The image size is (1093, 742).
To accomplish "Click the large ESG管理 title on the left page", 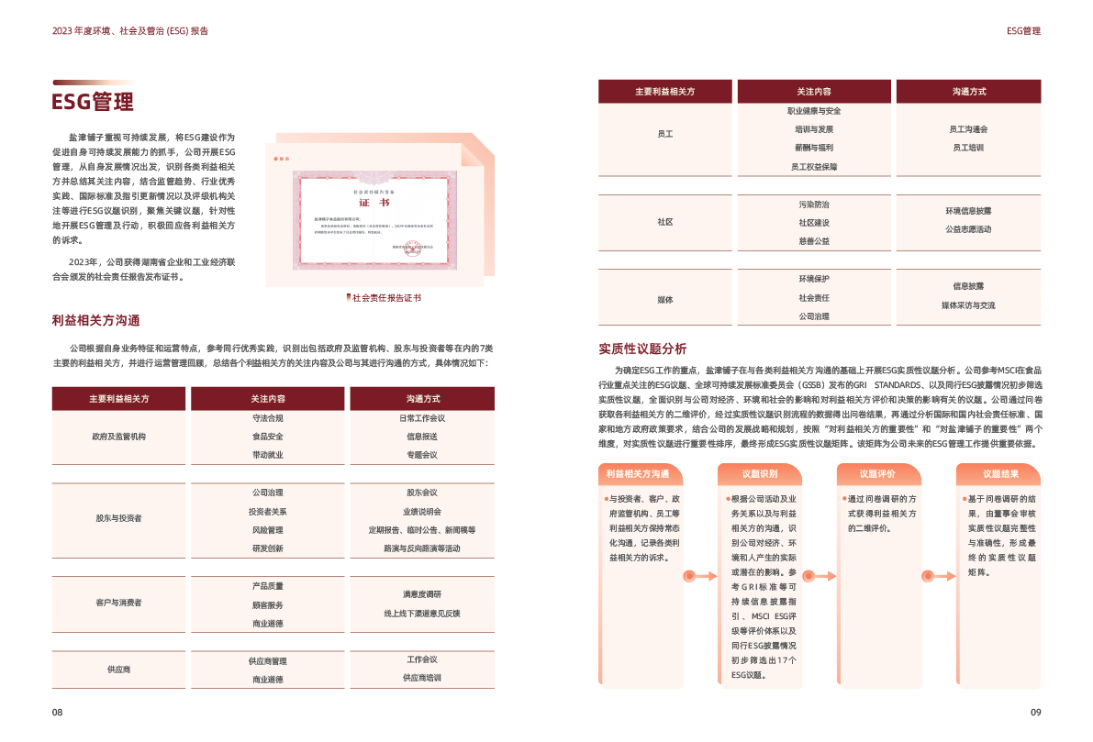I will [94, 101].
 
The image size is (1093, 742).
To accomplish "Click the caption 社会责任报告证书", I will [386, 298].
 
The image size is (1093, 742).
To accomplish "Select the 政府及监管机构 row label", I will [118, 437].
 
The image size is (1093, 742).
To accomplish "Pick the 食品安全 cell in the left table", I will [267, 437].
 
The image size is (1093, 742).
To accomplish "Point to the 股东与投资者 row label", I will [118, 518].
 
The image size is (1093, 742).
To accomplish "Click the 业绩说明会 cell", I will [422, 512].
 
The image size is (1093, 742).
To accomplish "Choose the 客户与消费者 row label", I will [118, 603].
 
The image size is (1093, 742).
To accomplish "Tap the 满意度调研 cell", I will [422, 594].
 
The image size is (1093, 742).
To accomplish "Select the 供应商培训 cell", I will [422, 678].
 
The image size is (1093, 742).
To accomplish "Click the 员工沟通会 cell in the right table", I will [968, 129].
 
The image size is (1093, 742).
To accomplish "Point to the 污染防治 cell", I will [814, 205].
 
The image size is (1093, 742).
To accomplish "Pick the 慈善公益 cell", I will [814, 241].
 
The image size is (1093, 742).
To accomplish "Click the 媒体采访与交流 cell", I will [968, 305].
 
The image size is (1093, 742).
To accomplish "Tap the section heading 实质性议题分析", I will [642, 349].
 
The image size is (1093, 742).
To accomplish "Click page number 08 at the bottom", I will [57, 713].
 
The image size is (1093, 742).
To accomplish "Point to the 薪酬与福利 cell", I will [814, 148].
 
